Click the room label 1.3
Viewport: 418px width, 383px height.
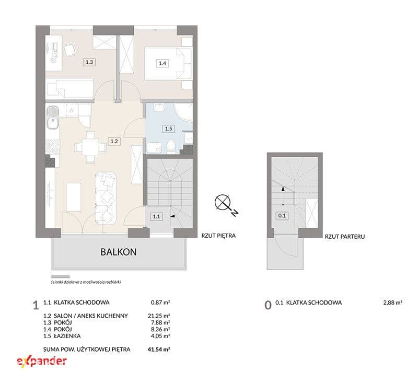(89, 62)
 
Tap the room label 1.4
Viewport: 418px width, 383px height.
(162, 63)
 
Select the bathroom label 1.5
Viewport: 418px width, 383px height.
(168, 129)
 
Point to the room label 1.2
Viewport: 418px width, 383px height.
(114, 141)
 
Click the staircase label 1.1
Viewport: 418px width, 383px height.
(156, 216)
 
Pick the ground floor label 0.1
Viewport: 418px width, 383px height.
(282, 216)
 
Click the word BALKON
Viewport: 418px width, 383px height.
(119, 252)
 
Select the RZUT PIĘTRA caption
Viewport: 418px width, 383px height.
(218, 236)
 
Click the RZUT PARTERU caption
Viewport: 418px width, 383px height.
(345, 236)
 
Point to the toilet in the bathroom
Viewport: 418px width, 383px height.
(170, 147)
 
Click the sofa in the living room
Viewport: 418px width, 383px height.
(106, 198)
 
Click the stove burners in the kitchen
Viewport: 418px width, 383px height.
(53, 147)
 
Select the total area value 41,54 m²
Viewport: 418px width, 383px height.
(159, 349)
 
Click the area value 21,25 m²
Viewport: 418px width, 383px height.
(159, 316)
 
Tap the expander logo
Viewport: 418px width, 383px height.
(42, 362)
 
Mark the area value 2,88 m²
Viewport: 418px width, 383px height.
(393, 303)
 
